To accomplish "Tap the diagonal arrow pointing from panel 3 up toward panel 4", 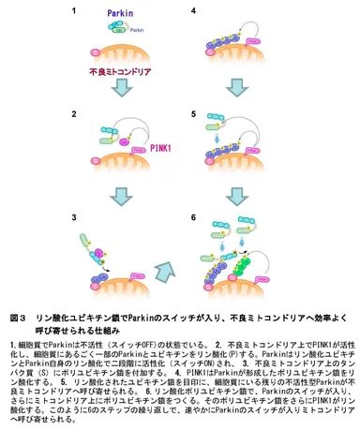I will click(166, 271).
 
